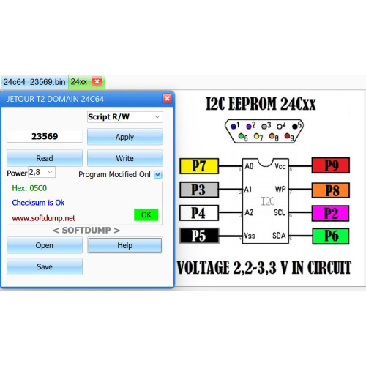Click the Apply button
[125, 137]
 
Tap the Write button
[125, 158]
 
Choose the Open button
[45, 245]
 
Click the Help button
[125, 245]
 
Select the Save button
[45, 266]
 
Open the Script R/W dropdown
[125, 117]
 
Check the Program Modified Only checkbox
[158, 174]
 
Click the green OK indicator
[146, 214]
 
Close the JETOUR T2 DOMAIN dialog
[167, 99]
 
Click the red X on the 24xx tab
[97, 81]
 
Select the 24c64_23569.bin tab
[34, 82]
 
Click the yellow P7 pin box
[199, 166]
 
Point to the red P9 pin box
[331, 165]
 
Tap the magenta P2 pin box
[331, 213]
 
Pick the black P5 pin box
[199, 236]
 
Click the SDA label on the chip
[279, 236]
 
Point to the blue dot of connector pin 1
[234, 126]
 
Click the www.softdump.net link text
[44, 218]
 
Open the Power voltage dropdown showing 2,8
[42, 172]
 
